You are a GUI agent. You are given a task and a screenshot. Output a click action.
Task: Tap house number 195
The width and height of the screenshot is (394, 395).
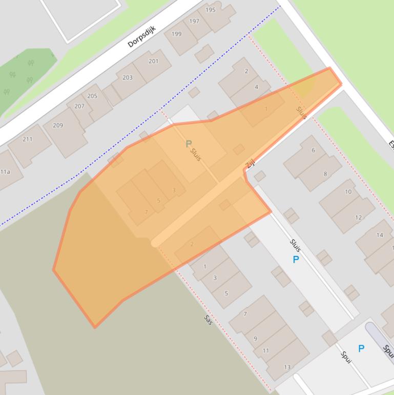click(211, 10)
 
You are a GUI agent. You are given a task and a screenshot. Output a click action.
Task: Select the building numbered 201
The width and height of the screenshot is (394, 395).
click(153, 61)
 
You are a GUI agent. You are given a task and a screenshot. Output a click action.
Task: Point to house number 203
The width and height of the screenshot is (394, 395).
click(127, 77)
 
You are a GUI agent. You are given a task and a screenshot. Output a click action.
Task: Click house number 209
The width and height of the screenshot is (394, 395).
click(58, 125)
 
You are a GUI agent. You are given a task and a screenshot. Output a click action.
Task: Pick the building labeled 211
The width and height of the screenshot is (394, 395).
click(28, 139)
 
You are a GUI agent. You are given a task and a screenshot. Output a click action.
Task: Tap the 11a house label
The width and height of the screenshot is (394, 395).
click(5, 172)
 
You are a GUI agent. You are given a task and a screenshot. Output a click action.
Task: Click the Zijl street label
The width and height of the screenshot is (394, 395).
click(250, 164)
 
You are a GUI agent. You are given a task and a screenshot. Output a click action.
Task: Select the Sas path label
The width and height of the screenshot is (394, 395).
click(208, 320)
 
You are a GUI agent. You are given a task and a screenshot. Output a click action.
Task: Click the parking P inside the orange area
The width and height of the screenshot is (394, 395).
click(189, 144)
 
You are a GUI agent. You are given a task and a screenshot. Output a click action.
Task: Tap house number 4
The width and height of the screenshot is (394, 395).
click(257, 87)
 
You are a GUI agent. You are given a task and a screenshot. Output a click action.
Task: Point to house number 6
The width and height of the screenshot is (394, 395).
click(313, 150)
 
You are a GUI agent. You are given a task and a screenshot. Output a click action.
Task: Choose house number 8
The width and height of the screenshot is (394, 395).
click(325, 174)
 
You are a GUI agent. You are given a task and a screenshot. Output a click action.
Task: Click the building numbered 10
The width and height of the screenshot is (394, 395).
click(348, 192)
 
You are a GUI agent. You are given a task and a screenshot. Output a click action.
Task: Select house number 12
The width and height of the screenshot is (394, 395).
click(358, 218)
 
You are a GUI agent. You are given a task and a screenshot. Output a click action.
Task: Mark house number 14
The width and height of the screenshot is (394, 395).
click(380, 235)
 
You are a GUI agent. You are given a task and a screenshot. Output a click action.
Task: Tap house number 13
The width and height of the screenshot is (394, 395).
click(287, 367)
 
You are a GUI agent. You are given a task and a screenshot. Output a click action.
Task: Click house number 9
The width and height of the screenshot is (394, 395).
click(255, 339)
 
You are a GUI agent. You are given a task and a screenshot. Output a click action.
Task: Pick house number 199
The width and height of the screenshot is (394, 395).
click(176, 34)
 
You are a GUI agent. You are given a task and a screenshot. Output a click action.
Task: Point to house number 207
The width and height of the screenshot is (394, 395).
click(79, 106)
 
